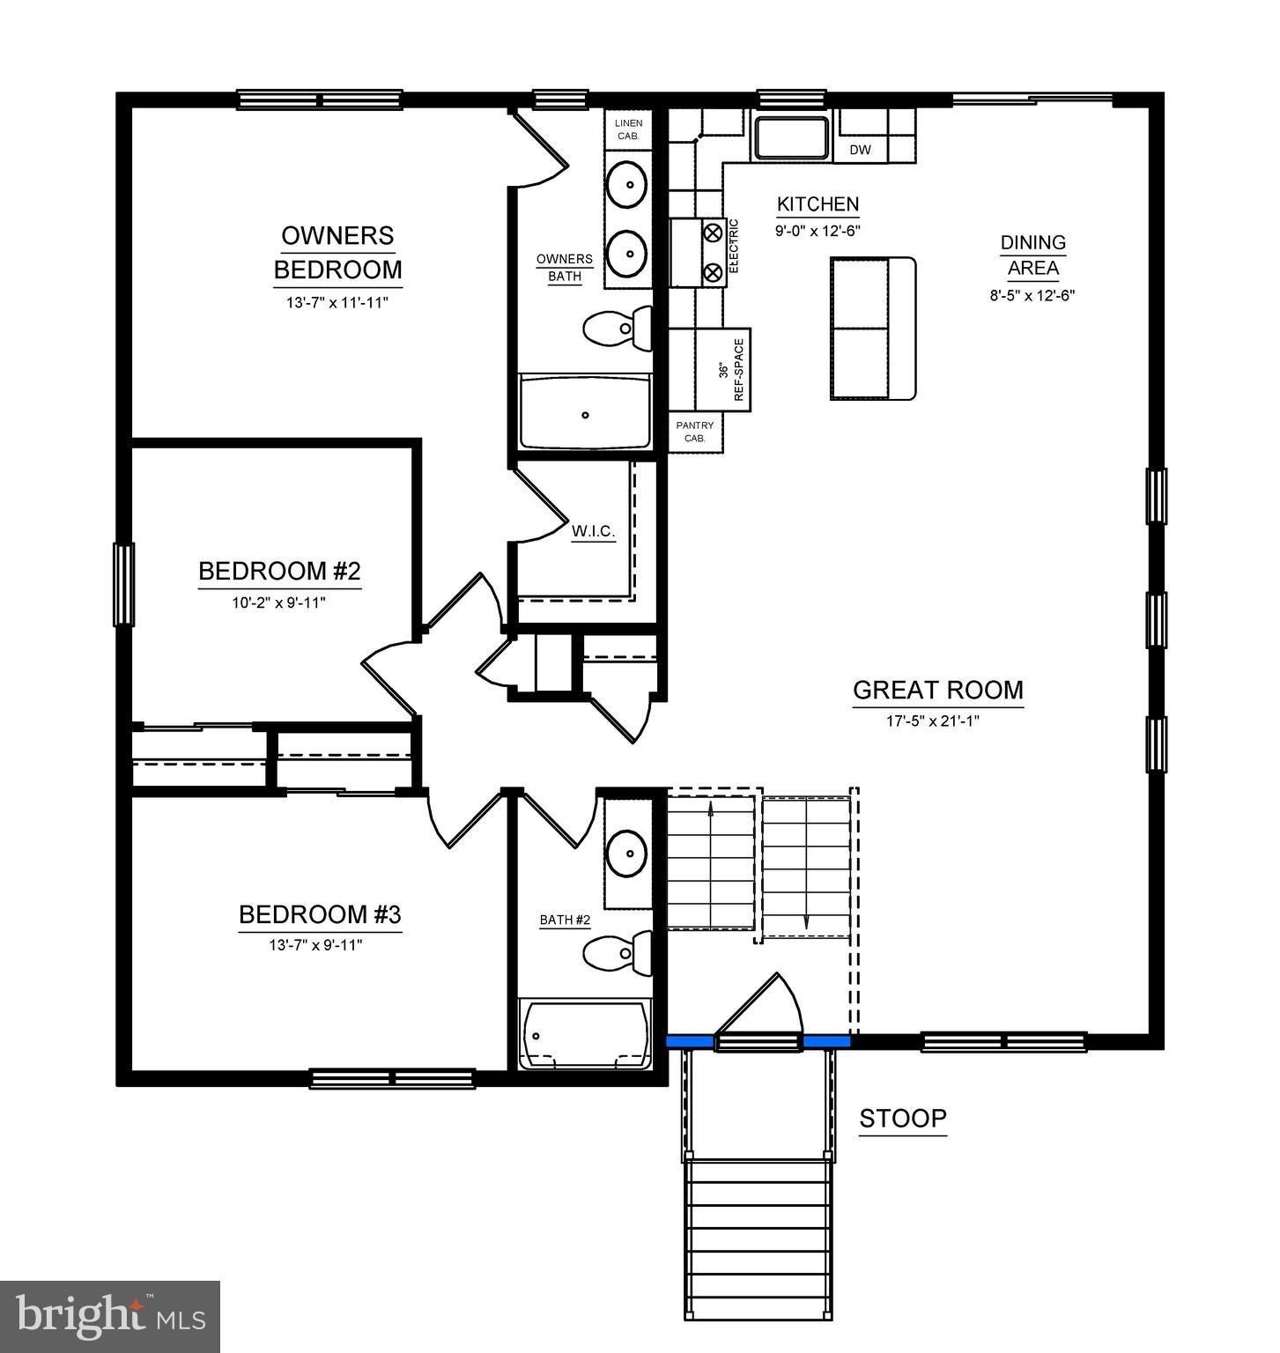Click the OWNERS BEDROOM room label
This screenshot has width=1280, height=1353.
(x=337, y=252)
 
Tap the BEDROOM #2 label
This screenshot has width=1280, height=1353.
(x=279, y=571)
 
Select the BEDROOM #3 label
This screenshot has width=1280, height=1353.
(x=320, y=914)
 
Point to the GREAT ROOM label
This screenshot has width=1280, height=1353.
(x=937, y=690)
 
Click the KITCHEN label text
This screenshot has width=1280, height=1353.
(x=818, y=204)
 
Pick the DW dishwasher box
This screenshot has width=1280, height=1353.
(x=861, y=150)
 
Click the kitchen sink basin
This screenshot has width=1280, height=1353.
(x=791, y=137)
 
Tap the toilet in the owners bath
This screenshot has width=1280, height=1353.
(x=618, y=328)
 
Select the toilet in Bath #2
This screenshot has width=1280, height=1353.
(x=618, y=951)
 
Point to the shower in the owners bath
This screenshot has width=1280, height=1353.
(x=585, y=411)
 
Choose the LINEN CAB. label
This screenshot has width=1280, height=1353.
(x=628, y=129)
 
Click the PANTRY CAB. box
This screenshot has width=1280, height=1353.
(x=695, y=432)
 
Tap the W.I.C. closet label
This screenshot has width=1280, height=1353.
(x=593, y=531)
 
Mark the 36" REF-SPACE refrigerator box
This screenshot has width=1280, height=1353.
(x=729, y=370)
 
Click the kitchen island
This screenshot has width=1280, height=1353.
(x=873, y=329)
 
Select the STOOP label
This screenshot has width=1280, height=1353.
(x=903, y=1119)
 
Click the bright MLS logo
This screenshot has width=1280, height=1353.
(x=110, y=1316)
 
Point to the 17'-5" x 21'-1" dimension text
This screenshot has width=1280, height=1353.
(x=933, y=721)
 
